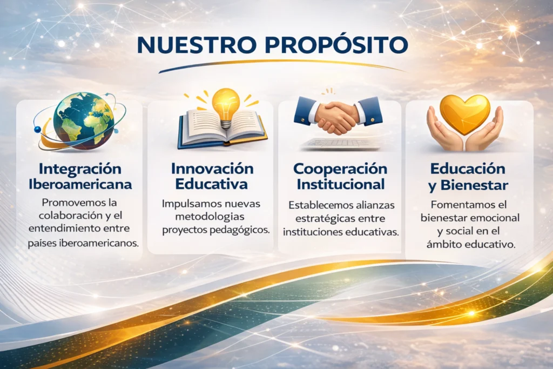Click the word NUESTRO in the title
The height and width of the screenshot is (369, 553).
(197, 45)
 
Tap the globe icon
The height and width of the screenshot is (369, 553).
(84, 121)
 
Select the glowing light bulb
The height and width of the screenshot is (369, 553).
(226, 106)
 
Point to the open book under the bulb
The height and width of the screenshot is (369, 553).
(222, 129)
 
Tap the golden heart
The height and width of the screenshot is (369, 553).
(465, 113)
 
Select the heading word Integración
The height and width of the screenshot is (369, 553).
(80, 169)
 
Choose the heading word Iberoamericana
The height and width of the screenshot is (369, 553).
(80, 184)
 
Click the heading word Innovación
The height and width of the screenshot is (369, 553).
(212, 169)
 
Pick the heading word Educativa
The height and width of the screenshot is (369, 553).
(212, 184)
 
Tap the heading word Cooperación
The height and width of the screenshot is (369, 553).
(340, 169)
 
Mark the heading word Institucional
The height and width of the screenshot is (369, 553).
(341, 184)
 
